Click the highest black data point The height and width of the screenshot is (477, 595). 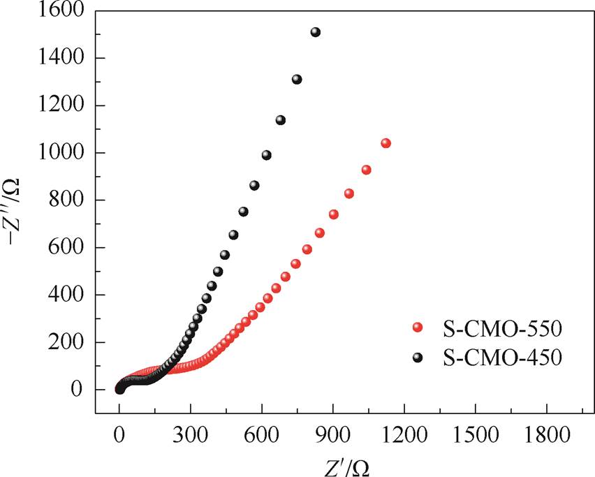(x=316, y=32)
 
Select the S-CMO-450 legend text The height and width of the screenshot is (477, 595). (x=498, y=358)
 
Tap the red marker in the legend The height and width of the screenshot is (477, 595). (x=418, y=327)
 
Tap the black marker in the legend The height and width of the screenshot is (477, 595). (x=418, y=358)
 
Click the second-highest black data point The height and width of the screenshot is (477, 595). (x=297, y=80)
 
